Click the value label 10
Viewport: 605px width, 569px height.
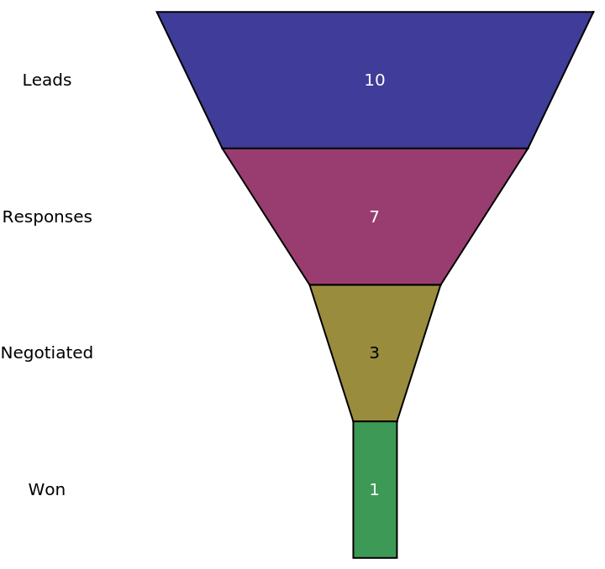point(375,81)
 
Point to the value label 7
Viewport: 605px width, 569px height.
point(375,217)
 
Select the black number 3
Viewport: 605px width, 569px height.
point(375,353)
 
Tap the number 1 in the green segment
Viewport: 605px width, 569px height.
point(375,490)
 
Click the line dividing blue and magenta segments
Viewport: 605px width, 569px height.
point(375,149)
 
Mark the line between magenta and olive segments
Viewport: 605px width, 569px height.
point(375,284)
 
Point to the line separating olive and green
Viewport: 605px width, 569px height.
point(375,421)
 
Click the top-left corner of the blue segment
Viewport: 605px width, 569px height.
point(159,13)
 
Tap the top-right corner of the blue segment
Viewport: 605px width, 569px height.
point(592,13)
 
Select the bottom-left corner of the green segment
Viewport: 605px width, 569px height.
point(354,556)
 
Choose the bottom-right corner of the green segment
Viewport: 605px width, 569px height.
point(396,556)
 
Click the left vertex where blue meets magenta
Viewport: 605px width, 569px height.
point(223,149)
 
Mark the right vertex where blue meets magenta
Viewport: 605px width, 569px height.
point(527,149)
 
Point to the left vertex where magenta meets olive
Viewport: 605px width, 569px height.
point(310,284)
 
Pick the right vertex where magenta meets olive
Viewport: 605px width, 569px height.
point(440,284)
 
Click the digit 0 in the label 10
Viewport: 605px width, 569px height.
point(380,81)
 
